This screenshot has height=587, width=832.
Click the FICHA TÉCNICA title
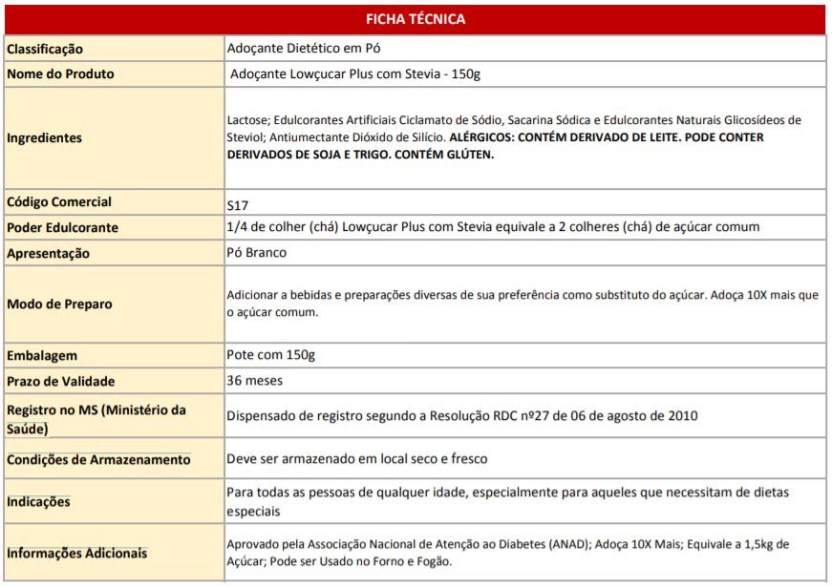pos(416,19)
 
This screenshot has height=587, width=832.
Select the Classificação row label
pos(45,49)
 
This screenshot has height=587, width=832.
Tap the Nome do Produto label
pos(60,73)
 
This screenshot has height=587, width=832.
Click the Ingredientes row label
pos(44,138)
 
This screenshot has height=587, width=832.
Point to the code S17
pos(237,204)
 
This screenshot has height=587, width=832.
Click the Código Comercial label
pos(59,202)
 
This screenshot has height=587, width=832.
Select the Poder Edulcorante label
pos(62,228)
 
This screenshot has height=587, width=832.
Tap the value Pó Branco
pos(256,253)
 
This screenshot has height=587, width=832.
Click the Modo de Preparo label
pos(59,304)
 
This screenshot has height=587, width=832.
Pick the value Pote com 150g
pos(270,355)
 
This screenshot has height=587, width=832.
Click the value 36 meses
pos(254,380)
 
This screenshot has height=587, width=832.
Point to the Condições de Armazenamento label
pos(98,460)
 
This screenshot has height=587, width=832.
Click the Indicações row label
pos(38,502)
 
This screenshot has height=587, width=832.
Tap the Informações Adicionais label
pos(77,554)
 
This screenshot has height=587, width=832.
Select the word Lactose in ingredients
pos(247,120)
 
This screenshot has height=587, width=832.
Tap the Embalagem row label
pos(42,356)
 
